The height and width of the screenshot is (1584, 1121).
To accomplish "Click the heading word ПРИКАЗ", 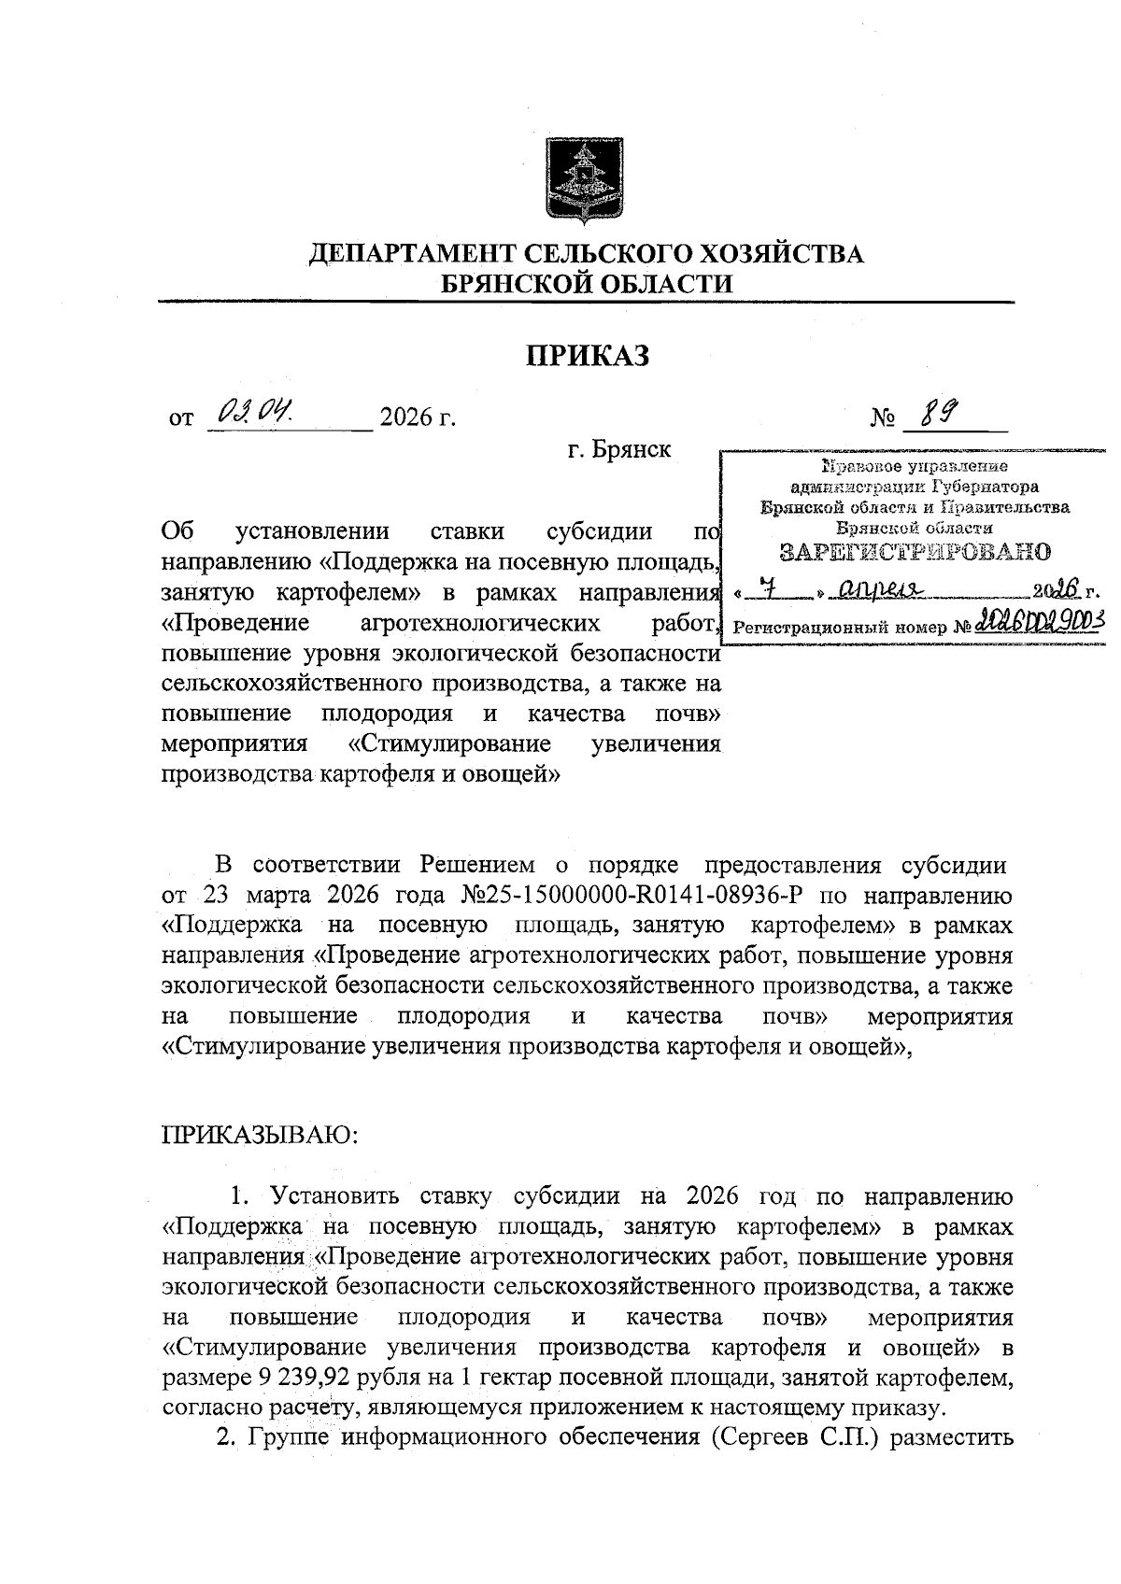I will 586,356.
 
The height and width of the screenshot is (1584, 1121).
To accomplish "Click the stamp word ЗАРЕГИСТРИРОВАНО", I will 915,551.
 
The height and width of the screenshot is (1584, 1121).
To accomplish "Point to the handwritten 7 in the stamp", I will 768,589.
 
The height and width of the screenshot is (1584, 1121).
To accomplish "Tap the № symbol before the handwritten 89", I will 882,417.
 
